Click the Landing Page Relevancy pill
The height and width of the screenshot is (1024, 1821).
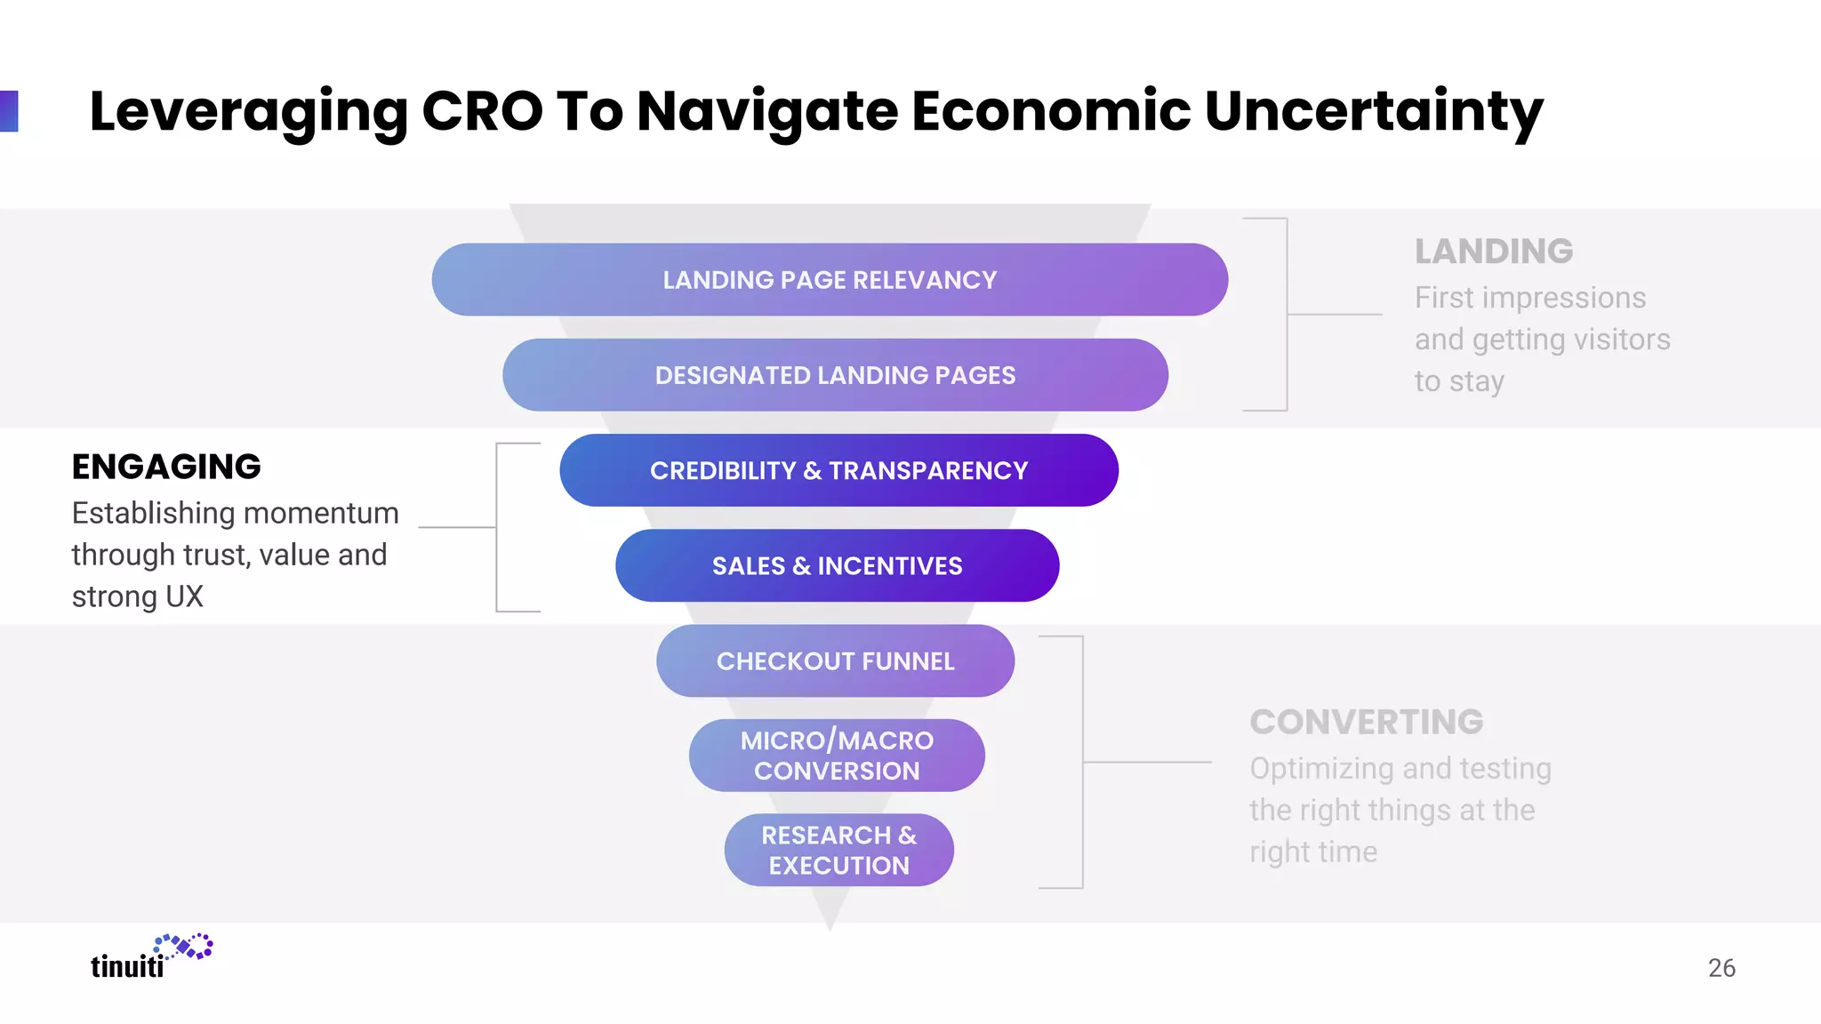[x=830, y=280]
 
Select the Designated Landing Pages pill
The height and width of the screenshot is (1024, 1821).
[x=835, y=375]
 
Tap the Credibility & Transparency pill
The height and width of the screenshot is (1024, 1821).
[x=838, y=470]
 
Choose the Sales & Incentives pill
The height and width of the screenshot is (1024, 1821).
[x=837, y=565]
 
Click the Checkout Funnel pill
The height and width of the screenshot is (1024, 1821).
[x=835, y=661]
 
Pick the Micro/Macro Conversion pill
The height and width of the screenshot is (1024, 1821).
[x=837, y=756]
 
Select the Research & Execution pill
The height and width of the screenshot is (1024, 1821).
[x=838, y=850]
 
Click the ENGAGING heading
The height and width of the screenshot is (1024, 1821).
[x=166, y=467]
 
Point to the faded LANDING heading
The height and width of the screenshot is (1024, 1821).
[x=1494, y=252]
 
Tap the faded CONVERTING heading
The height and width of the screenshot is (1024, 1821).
[x=1367, y=722]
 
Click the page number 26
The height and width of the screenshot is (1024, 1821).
[x=1721, y=968]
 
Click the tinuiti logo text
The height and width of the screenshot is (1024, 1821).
[x=127, y=966]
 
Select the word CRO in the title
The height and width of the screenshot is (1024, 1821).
[x=481, y=111]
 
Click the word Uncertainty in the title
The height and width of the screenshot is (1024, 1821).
[x=1373, y=111]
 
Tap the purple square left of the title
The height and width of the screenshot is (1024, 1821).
[x=9, y=111]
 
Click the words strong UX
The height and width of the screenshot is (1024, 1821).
[x=138, y=596]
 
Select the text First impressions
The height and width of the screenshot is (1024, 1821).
[x=1529, y=298]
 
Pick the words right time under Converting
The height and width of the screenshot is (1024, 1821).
[x=1312, y=852]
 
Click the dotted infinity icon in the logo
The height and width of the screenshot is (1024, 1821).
[x=184, y=947]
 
